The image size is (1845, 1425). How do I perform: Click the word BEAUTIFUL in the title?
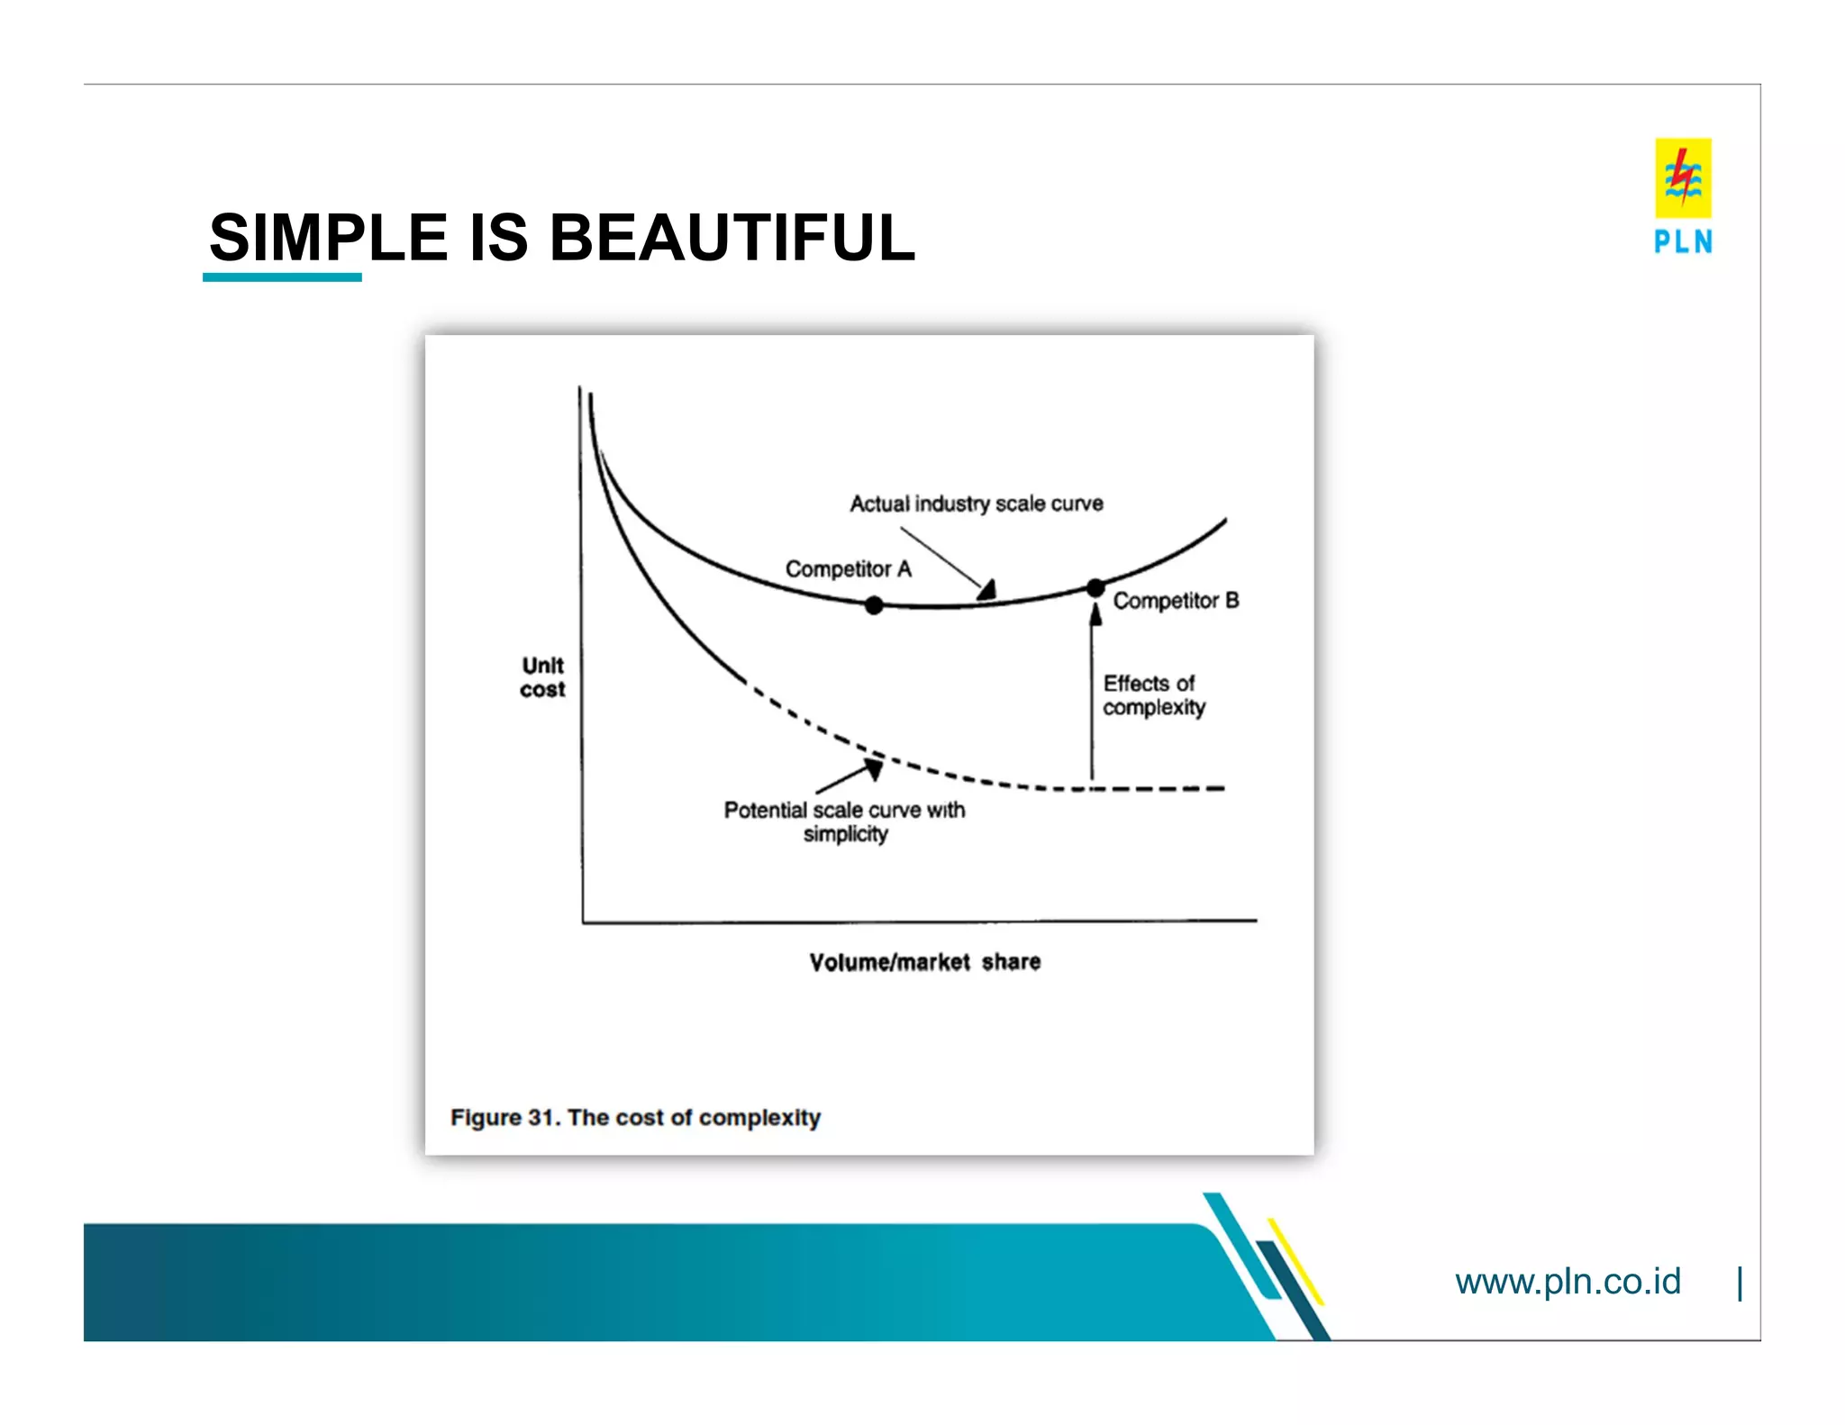click(x=732, y=238)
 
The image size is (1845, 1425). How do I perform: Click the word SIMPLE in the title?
click(x=328, y=238)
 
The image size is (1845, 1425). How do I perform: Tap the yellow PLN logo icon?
click(x=1682, y=177)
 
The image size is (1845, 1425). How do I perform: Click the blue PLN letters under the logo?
click(x=1682, y=241)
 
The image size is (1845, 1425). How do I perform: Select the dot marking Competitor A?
click(x=873, y=605)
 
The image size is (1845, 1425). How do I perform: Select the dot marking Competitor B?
click(x=1095, y=588)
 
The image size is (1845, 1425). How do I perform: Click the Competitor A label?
click(x=848, y=569)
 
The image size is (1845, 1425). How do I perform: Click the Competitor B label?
click(x=1176, y=601)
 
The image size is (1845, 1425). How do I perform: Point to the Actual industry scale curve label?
click(x=976, y=504)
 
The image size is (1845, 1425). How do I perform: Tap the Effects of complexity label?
click(x=1153, y=695)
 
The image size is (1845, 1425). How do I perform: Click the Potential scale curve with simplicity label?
click(x=844, y=821)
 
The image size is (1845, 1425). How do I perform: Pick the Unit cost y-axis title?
click(x=542, y=677)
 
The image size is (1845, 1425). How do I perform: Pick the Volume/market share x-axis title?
click(x=924, y=962)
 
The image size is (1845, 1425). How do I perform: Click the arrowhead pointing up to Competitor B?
click(x=1095, y=615)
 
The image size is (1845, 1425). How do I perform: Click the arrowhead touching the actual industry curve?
click(x=987, y=591)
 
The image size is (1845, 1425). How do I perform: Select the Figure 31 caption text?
click(x=635, y=1117)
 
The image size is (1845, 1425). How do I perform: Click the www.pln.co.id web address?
click(x=1567, y=1281)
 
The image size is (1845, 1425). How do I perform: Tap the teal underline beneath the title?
click(x=282, y=277)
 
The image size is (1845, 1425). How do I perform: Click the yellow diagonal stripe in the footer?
click(x=1295, y=1261)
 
